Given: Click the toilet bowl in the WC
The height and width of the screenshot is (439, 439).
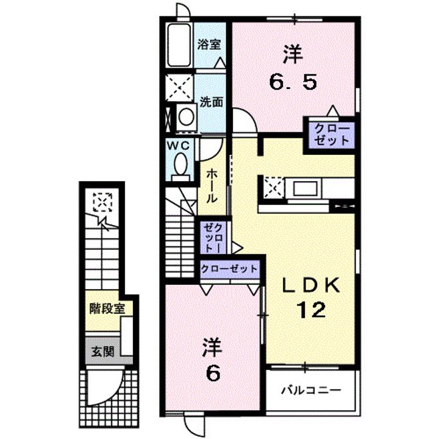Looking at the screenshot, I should pos(180,164).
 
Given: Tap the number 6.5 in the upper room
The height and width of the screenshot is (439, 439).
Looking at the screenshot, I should pos(293,82).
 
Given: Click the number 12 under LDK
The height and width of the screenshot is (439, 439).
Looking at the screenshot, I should pos(311,311).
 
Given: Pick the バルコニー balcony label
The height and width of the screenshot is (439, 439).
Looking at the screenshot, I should pos(310,390).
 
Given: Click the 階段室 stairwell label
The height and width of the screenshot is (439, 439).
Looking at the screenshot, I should pos(107,307).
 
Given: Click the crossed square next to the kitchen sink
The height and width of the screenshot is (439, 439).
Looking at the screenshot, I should pos(273,187).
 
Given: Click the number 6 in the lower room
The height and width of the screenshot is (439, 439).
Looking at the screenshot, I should pos(212,373).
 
